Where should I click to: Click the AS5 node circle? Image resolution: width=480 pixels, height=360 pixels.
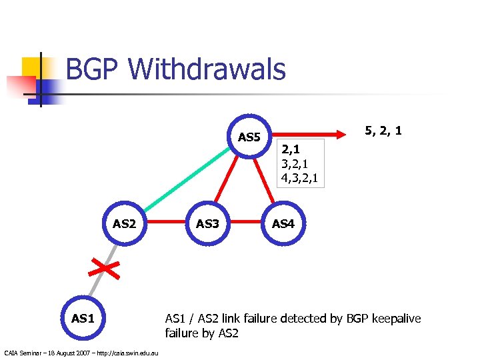click(249, 138)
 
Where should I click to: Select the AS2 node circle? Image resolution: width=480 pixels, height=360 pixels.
click(124, 223)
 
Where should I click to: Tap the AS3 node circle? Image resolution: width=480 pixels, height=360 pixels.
click(207, 223)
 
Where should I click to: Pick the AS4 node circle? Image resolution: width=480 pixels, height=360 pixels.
click(283, 223)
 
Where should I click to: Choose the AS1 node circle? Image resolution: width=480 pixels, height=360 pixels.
click(82, 318)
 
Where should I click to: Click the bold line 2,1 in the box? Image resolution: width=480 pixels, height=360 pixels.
click(289, 149)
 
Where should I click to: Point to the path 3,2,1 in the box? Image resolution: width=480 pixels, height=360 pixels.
click(294, 164)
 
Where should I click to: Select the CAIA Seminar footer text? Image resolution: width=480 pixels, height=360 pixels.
click(81, 352)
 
